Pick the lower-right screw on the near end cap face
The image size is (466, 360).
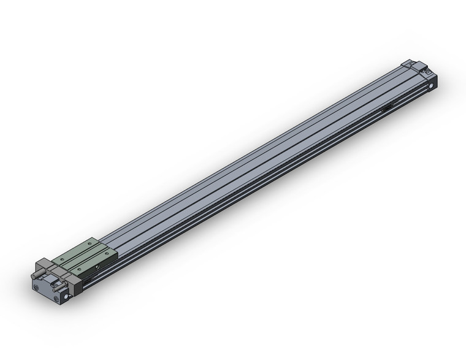(x=56, y=299)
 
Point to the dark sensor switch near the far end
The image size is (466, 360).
(x=388, y=109)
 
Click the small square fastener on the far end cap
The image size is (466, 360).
(x=423, y=73)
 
